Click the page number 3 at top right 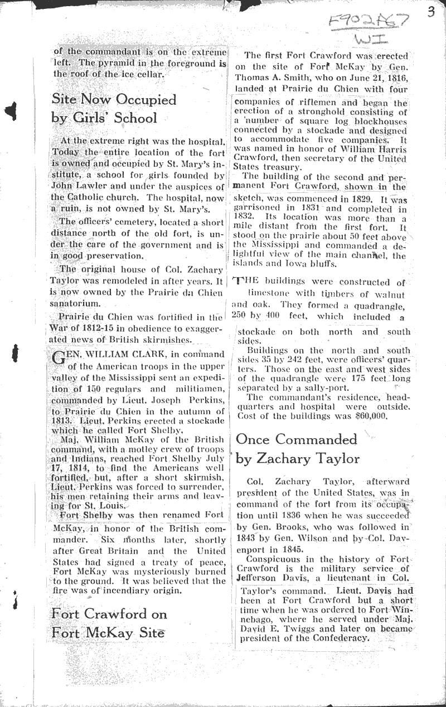(431, 12)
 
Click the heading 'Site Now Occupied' (114, 99)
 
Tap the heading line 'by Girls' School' (104, 118)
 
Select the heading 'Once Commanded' (288, 439)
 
